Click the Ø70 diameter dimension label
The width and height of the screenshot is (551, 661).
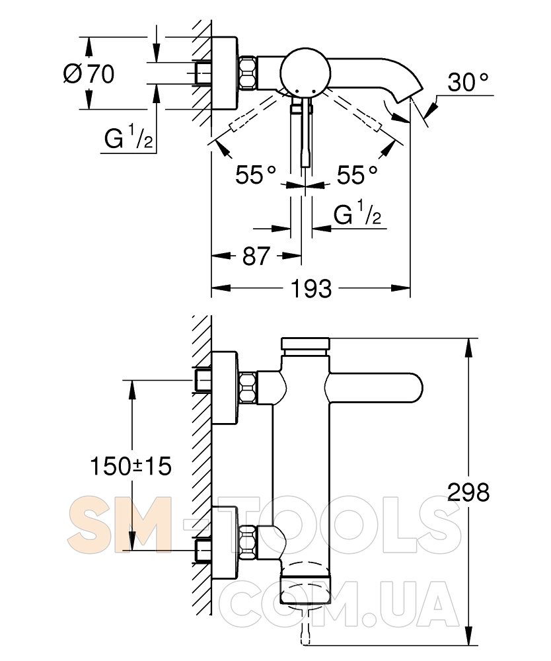pos(89,74)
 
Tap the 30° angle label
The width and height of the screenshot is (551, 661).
pos(468,82)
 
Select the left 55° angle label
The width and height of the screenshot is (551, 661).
pos(255,175)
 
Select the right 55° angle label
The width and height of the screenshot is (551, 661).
pos(357,175)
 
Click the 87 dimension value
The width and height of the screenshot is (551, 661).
pos(256,256)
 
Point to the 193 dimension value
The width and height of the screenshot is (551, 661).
pos(311,289)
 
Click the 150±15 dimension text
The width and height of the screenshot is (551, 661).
pos(131,466)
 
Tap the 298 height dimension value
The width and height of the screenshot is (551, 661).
pos(468,492)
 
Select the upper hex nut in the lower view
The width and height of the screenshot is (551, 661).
pos(248,388)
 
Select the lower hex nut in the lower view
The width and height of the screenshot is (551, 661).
pos(248,543)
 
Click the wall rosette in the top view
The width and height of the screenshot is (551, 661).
pos(225,73)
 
